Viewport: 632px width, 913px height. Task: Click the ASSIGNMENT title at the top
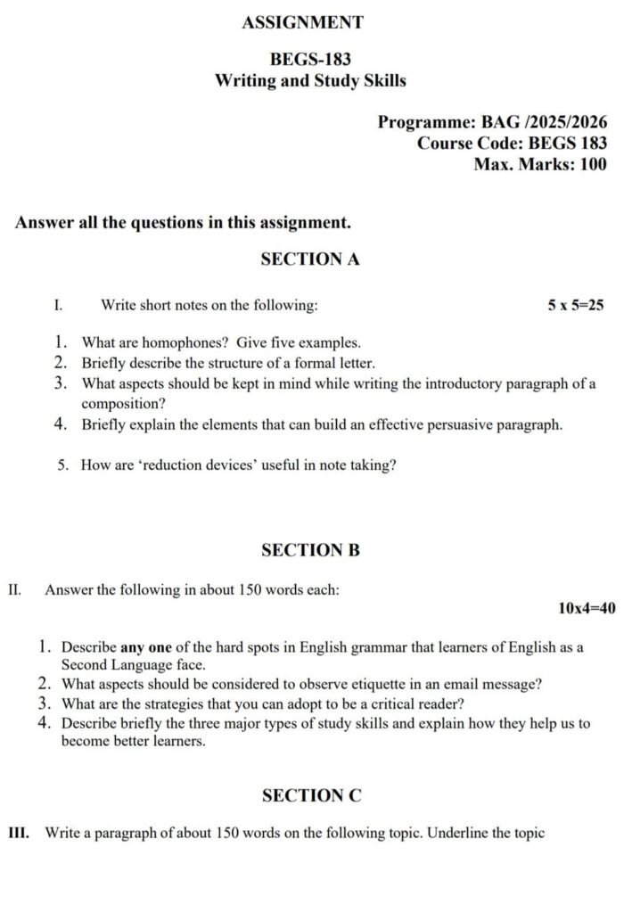tap(302, 23)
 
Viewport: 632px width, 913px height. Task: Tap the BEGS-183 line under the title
tap(310, 60)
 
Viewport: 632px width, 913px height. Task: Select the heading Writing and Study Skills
tap(310, 81)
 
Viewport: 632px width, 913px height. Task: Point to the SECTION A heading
tap(310, 259)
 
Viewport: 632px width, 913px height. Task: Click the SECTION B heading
tap(310, 550)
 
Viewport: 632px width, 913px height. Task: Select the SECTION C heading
tap(311, 795)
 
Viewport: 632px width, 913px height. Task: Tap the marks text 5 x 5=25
tap(576, 306)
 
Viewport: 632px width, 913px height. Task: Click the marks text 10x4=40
tap(587, 608)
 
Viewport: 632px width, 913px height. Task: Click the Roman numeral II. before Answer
tap(15, 589)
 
